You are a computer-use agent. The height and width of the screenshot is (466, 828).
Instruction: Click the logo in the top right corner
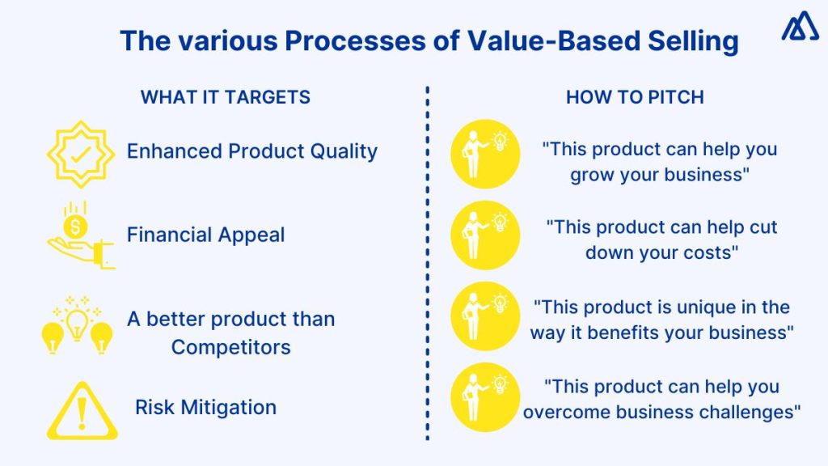[799, 29]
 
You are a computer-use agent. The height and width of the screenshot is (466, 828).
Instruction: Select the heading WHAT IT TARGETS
[226, 97]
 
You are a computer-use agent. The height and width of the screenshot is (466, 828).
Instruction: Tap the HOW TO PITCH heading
[635, 97]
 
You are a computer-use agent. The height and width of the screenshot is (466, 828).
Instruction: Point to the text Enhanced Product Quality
[252, 151]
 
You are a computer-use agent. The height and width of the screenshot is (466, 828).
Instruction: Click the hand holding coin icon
[78, 235]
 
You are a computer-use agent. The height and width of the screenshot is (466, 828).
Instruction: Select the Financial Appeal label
[206, 235]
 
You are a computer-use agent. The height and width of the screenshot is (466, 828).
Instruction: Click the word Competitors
[230, 347]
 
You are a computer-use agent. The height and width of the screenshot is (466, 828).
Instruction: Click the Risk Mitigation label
[205, 407]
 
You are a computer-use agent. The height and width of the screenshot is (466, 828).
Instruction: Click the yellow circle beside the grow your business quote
[485, 155]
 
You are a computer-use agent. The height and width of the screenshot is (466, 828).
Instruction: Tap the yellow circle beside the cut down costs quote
[485, 235]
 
